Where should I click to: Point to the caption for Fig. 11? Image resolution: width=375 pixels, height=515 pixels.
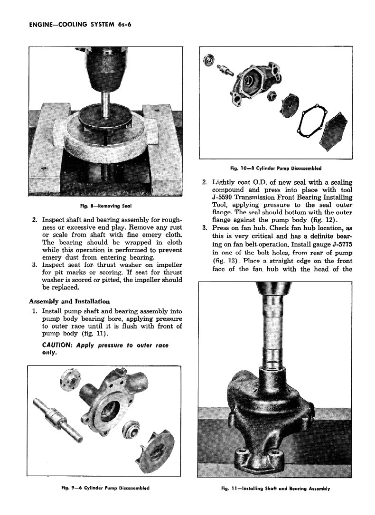pos(275,488)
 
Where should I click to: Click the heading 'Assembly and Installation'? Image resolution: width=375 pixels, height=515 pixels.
pos(69,301)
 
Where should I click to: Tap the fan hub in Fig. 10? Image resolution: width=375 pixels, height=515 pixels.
pos(207,61)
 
